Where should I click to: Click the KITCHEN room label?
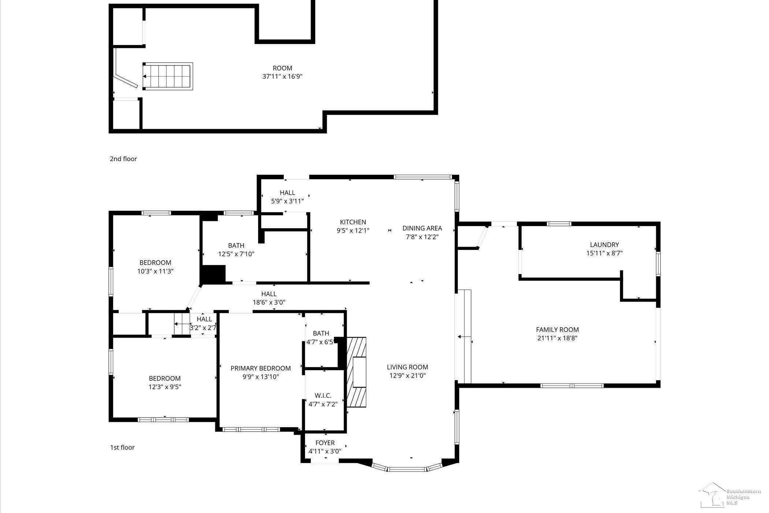point(353,222)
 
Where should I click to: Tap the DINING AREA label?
point(422,228)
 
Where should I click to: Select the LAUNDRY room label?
point(604,245)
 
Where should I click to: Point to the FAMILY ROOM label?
point(557,330)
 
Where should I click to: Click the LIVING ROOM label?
point(407,367)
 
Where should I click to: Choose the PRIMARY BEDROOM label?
point(261,368)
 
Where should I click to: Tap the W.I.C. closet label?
point(323,396)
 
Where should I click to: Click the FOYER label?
point(325,443)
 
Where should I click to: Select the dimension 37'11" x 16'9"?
point(282,76)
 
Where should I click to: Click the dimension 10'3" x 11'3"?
point(155,271)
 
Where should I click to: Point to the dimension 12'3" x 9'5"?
point(165,387)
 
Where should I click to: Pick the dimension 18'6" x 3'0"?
point(269,302)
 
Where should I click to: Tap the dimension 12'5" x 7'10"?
point(236,254)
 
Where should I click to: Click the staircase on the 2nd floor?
point(168,76)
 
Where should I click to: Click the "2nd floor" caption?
point(123,159)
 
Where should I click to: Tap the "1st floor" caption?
point(122,448)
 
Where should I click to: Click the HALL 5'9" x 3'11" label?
point(287,197)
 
